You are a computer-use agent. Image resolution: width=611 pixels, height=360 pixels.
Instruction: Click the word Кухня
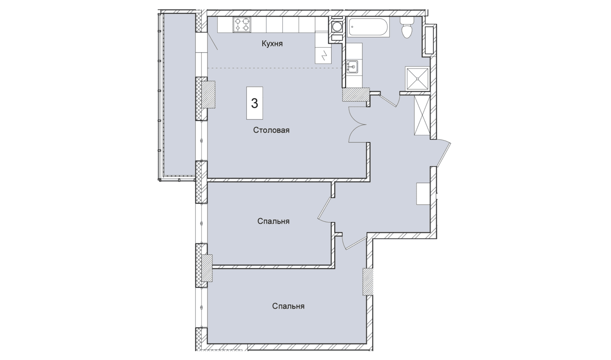[272, 44]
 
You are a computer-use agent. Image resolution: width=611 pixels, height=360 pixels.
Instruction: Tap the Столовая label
[271, 130]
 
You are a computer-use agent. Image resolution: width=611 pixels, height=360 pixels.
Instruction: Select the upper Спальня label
[273, 221]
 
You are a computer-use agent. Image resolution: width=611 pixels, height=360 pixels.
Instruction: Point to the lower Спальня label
[288, 306]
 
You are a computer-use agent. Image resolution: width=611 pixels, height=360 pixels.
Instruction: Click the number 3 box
[254, 103]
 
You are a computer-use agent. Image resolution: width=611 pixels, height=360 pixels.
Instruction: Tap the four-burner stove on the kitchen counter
[242, 25]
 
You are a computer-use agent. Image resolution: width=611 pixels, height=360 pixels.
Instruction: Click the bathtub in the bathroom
[368, 27]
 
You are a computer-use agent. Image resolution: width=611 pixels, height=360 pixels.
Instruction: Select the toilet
[407, 28]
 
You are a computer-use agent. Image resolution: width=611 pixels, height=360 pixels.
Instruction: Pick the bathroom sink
[352, 67]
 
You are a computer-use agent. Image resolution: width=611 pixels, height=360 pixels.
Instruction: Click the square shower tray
[417, 79]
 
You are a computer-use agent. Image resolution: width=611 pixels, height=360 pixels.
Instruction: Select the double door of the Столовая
[358, 125]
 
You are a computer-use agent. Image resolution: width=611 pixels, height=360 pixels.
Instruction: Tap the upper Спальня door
[325, 210]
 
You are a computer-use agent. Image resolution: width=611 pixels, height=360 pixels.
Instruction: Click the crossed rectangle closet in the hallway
[422, 115]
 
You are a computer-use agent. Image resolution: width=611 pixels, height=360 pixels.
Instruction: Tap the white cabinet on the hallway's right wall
[423, 194]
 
